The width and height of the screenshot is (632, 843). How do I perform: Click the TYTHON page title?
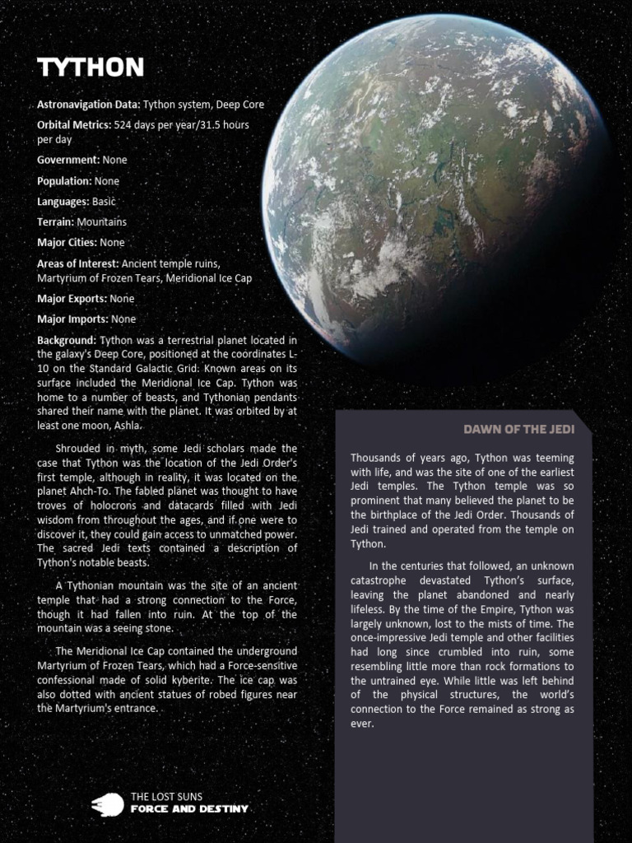(x=90, y=68)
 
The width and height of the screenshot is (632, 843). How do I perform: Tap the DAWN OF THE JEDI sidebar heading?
(x=518, y=429)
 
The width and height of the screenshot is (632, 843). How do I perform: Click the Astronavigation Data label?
(x=89, y=105)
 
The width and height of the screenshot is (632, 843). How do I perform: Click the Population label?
(x=65, y=181)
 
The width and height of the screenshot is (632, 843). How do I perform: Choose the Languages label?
(x=63, y=202)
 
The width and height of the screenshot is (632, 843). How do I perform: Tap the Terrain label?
(x=55, y=222)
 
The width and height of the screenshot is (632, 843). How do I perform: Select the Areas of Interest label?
(x=78, y=264)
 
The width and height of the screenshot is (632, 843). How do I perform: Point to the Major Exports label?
(x=72, y=299)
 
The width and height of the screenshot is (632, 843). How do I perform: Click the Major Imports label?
(x=72, y=319)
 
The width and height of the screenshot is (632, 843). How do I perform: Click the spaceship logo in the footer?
(x=107, y=803)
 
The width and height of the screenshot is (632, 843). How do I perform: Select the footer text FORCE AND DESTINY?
(x=189, y=809)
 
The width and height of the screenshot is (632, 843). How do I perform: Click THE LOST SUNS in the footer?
(x=167, y=797)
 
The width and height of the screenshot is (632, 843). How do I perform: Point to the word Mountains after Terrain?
(x=102, y=222)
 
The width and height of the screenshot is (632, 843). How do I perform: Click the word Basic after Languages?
(x=105, y=202)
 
